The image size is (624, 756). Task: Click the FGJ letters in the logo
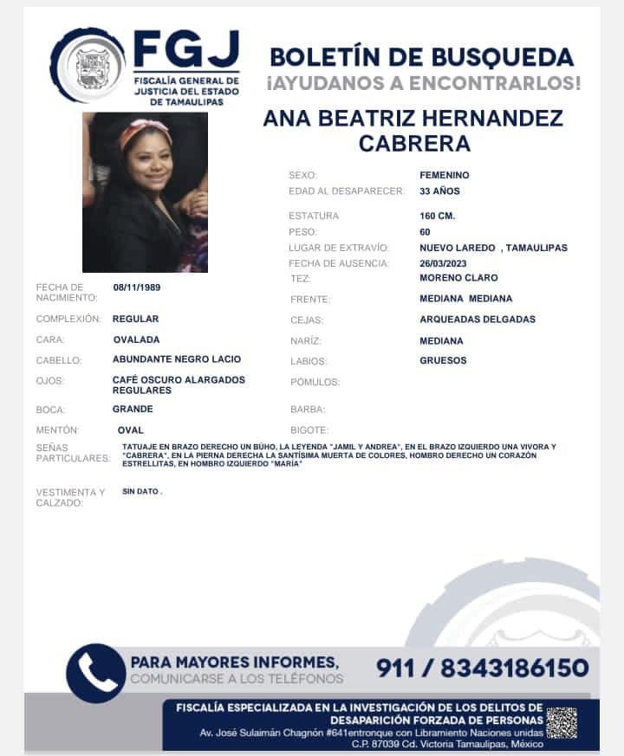[186, 51]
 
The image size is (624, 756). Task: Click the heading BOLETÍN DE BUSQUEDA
[421, 57]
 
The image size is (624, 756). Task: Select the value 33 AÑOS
[439, 191]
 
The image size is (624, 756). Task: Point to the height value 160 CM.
[437, 216]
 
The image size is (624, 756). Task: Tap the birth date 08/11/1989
[137, 288]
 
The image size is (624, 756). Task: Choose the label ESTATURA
[314, 216]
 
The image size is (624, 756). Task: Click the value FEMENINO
[444, 175]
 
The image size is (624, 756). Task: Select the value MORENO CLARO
[458, 278]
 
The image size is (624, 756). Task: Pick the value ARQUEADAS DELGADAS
[477, 320]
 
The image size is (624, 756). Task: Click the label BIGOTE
[309, 430]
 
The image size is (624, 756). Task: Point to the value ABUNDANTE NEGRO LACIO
[177, 359]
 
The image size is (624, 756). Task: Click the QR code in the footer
[562, 723]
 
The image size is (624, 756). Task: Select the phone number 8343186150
[515, 668]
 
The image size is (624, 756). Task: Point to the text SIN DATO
[142, 491]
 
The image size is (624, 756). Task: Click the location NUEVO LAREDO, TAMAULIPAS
[493, 248]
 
